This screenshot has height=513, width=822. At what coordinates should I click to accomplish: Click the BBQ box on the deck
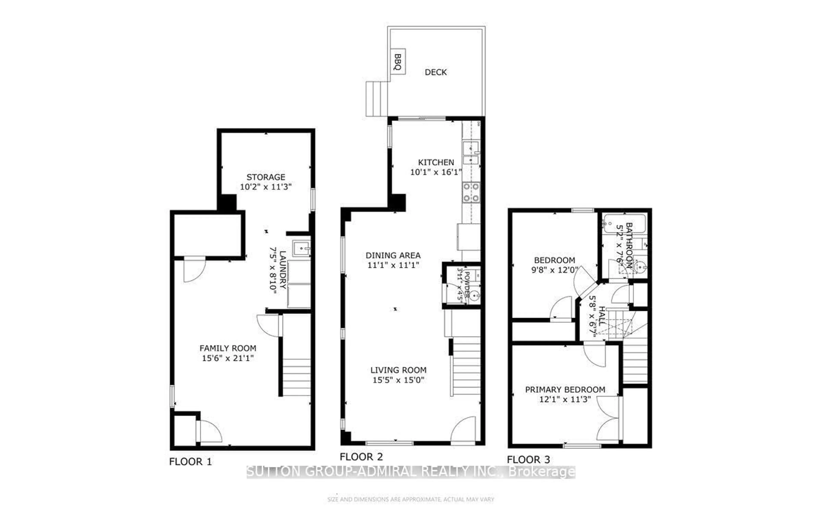click(x=398, y=62)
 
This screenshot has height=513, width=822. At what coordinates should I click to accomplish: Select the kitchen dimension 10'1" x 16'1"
click(x=436, y=172)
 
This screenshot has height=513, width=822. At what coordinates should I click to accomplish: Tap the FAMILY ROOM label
click(x=228, y=348)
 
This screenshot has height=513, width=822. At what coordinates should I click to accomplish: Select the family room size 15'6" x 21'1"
click(x=228, y=358)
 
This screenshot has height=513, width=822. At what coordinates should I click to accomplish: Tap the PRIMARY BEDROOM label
click(x=565, y=390)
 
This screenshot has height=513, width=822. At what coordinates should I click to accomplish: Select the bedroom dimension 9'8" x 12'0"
click(x=554, y=270)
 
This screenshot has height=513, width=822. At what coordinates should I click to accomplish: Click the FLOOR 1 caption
click(x=190, y=462)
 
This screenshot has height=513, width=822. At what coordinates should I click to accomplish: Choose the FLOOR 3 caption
click(x=528, y=460)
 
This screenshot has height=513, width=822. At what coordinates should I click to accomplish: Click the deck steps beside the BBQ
click(x=377, y=99)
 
